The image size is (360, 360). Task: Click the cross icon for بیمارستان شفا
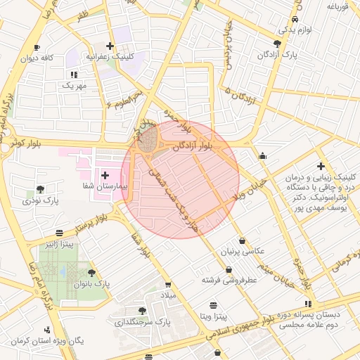click(105, 174)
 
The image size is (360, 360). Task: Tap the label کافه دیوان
click(38, 58)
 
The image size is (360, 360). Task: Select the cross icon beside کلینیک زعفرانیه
click(109, 45)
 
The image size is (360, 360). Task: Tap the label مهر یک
click(73, 85)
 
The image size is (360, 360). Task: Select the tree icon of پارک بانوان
click(91, 273)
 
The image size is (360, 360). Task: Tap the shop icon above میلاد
click(167, 285)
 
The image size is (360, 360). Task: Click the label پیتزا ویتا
click(214, 317)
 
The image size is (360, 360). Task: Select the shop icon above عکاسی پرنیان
click(242, 240)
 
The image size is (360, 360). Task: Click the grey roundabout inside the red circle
click(148, 141)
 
